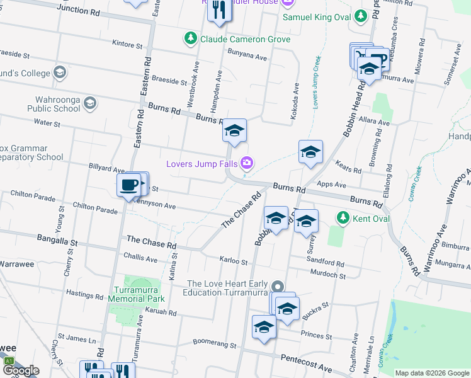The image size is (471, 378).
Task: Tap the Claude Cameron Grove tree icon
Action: click(x=190, y=39)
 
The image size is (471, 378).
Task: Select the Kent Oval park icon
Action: click(x=343, y=219)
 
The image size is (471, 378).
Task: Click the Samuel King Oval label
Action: click(x=316, y=17)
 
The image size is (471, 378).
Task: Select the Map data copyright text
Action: click(x=432, y=373)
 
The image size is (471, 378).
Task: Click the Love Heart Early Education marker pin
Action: click(x=277, y=287)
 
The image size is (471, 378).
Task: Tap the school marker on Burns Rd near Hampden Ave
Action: click(x=234, y=130)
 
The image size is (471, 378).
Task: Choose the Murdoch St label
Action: click(x=329, y=275)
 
